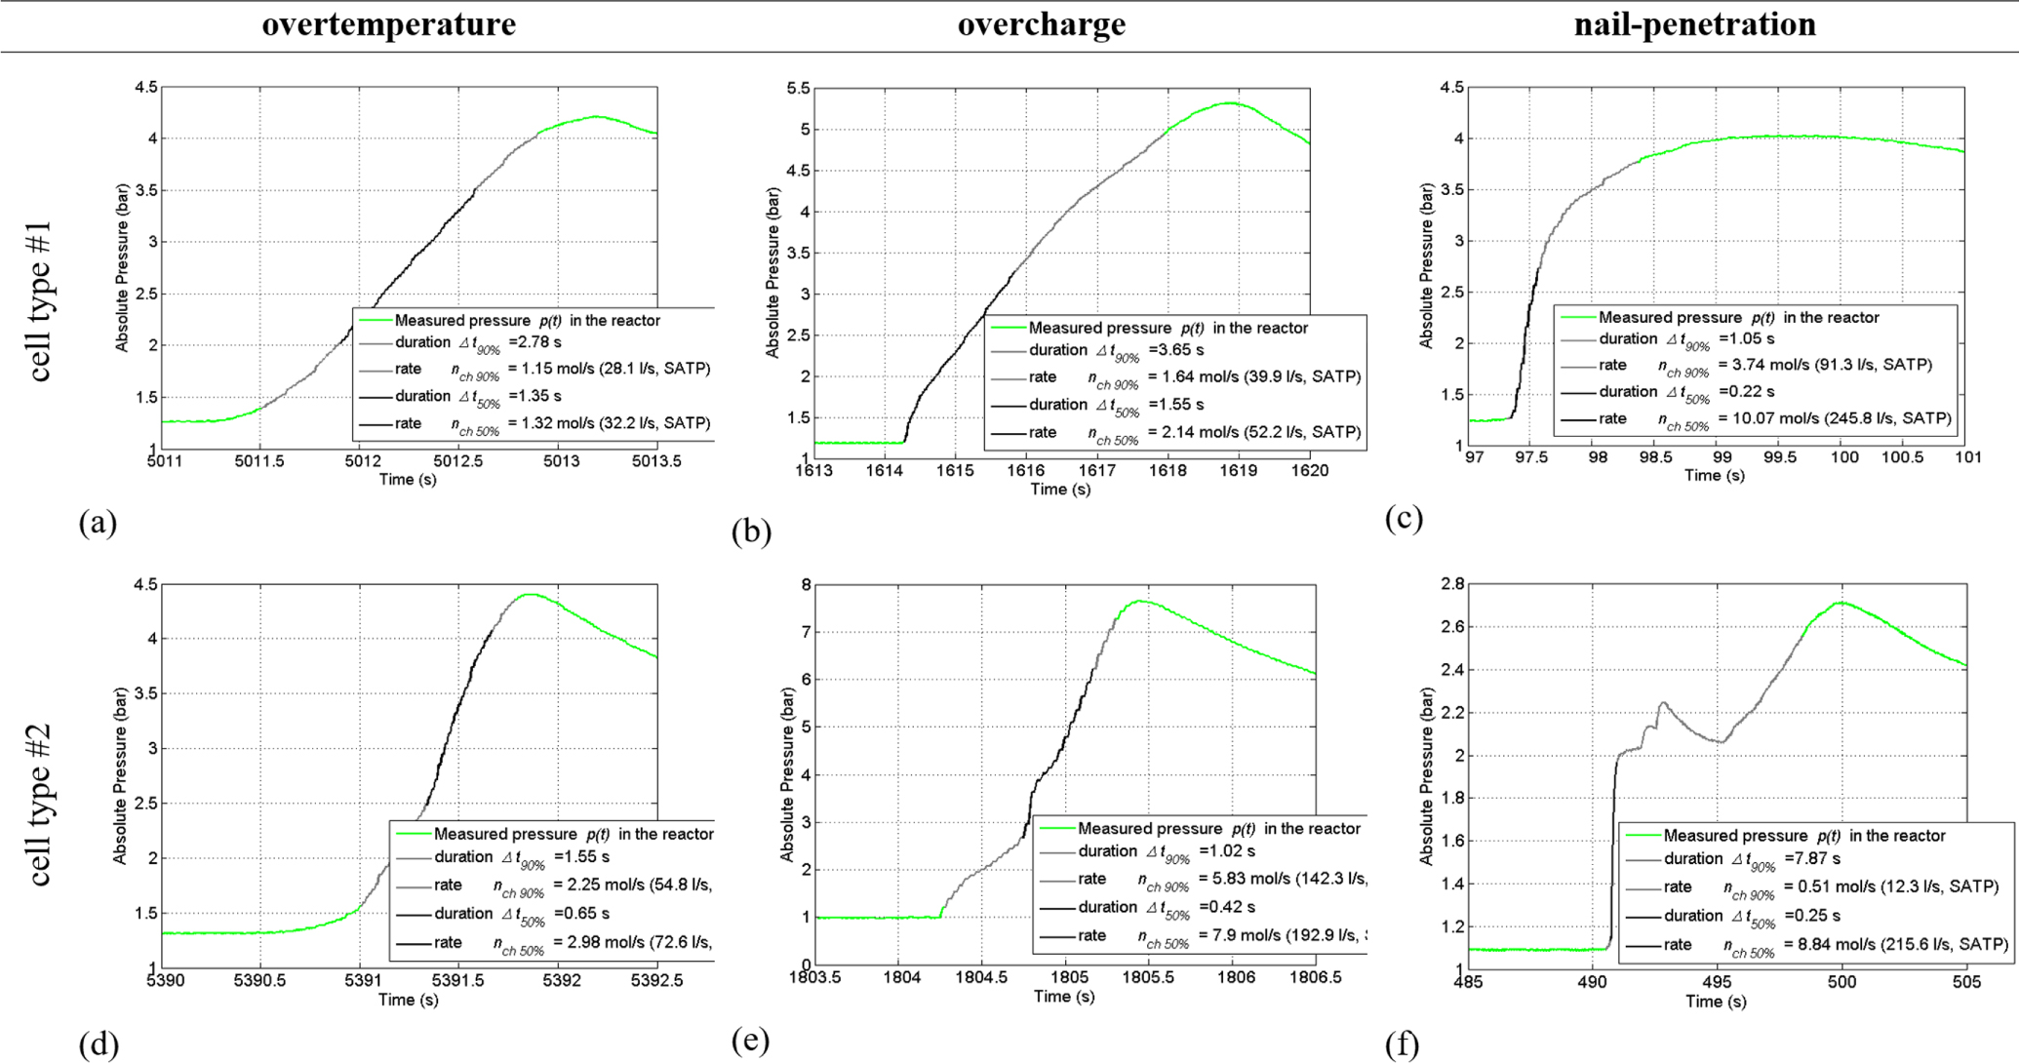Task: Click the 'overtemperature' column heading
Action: click(x=388, y=24)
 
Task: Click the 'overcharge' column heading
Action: click(x=1041, y=24)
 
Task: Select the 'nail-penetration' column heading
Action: click(x=1694, y=24)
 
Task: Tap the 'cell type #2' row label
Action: click(x=40, y=806)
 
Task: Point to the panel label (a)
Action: click(x=98, y=523)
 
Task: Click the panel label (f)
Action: click(x=1403, y=1045)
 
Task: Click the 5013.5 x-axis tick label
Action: click(x=656, y=462)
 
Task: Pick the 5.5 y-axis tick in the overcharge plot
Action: click(x=797, y=89)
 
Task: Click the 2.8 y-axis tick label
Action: click(x=1450, y=584)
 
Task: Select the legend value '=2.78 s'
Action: click(x=534, y=342)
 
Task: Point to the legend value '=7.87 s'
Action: click(x=1812, y=859)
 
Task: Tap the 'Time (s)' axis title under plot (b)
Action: click(x=1060, y=489)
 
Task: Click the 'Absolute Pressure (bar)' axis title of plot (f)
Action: click(x=1427, y=777)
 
